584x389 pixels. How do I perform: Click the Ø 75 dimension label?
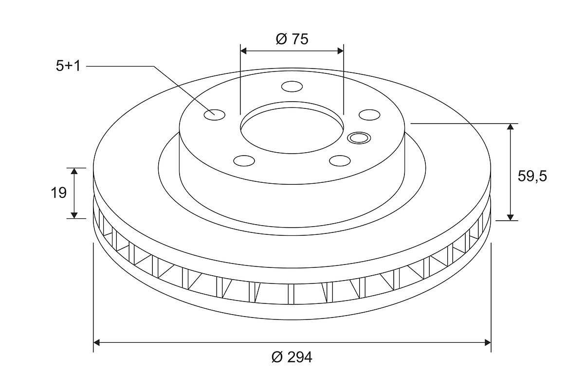pyautogui.click(x=292, y=39)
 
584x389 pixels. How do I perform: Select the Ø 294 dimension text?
pyautogui.click(x=292, y=357)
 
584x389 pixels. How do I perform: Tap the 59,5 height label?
pyautogui.click(x=532, y=177)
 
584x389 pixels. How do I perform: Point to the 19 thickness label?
pyautogui.click(x=59, y=193)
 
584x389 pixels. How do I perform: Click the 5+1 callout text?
pyautogui.click(x=68, y=66)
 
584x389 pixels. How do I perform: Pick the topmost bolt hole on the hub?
pyautogui.click(x=292, y=87)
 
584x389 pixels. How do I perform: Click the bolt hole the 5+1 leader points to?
pyautogui.click(x=214, y=115)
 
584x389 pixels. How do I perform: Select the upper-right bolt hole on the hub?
pyautogui.click(x=369, y=115)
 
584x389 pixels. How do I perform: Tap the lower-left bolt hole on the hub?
pyautogui.click(x=244, y=160)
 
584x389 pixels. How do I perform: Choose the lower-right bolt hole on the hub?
pyautogui.click(x=340, y=160)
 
